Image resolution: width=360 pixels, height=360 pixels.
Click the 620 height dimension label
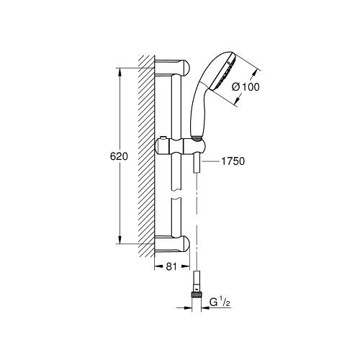click(x=119, y=156)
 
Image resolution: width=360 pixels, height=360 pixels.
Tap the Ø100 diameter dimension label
click(x=246, y=87)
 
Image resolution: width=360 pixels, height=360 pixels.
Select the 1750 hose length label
click(x=233, y=161)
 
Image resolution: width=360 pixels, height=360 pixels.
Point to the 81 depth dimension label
click(x=171, y=266)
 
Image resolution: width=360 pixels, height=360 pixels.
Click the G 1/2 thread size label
click(x=220, y=302)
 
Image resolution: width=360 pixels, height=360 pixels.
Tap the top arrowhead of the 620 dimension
click(x=120, y=72)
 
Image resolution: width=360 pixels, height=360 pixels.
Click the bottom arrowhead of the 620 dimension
click(x=120, y=240)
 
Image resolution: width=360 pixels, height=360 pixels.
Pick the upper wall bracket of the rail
click(x=172, y=68)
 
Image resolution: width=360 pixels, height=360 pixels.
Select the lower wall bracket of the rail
click(x=172, y=244)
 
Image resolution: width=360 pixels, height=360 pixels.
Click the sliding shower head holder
click(x=181, y=146)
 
